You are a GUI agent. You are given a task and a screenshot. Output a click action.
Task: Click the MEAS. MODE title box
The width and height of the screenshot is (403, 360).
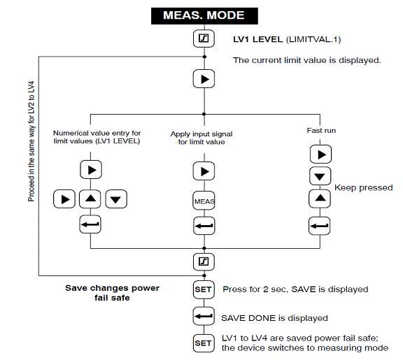click(204, 16)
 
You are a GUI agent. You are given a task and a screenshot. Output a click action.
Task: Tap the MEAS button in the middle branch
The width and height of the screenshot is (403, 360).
click(204, 201)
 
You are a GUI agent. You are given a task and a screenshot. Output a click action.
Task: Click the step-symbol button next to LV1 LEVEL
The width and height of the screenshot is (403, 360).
click(204, 38)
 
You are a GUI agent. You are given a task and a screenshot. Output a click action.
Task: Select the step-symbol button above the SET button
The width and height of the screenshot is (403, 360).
click(204, 261)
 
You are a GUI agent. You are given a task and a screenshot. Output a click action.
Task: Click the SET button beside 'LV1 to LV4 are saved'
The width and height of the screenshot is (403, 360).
click(204, 343)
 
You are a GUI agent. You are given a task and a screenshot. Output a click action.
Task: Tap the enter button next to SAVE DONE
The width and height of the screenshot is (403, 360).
click(204, 316)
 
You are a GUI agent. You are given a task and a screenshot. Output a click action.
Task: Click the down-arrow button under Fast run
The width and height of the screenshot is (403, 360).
click(320, 176)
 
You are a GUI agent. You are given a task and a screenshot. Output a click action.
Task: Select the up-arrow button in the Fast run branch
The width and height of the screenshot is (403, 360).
click(320, 199)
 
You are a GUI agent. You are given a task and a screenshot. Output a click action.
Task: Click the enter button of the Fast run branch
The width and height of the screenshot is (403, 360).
click(320, 226)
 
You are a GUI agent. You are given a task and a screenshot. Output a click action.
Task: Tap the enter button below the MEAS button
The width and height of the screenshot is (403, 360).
click(204, 226)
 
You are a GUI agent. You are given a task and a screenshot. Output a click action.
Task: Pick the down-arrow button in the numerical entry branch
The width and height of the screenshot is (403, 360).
click(116, 199)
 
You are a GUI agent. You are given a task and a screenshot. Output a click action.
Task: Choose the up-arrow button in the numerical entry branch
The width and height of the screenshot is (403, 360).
click(90, 199)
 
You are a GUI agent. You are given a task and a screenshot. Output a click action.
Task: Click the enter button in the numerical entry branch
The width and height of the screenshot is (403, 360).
click(90, 224)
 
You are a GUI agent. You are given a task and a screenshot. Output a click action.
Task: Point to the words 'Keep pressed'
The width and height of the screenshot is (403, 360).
click(363, 188)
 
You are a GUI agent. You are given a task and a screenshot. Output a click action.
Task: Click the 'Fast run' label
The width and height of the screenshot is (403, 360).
click(321, 131)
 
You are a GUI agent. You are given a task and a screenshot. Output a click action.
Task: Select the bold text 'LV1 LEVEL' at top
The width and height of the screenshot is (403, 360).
click(257, 40)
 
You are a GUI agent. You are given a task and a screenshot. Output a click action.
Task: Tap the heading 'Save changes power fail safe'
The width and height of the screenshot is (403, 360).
click(113, 293)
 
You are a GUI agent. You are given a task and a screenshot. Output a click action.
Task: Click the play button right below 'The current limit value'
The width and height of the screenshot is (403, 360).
click(204, 79)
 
